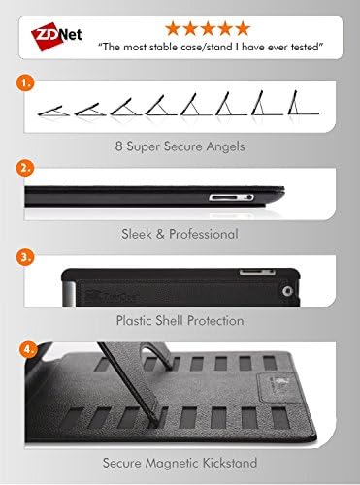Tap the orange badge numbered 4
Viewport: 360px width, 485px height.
click(x=25, y=346)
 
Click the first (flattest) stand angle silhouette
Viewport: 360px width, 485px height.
click(x=52, y=113)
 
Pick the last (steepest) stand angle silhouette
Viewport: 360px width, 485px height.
click(x=305, y=104)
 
